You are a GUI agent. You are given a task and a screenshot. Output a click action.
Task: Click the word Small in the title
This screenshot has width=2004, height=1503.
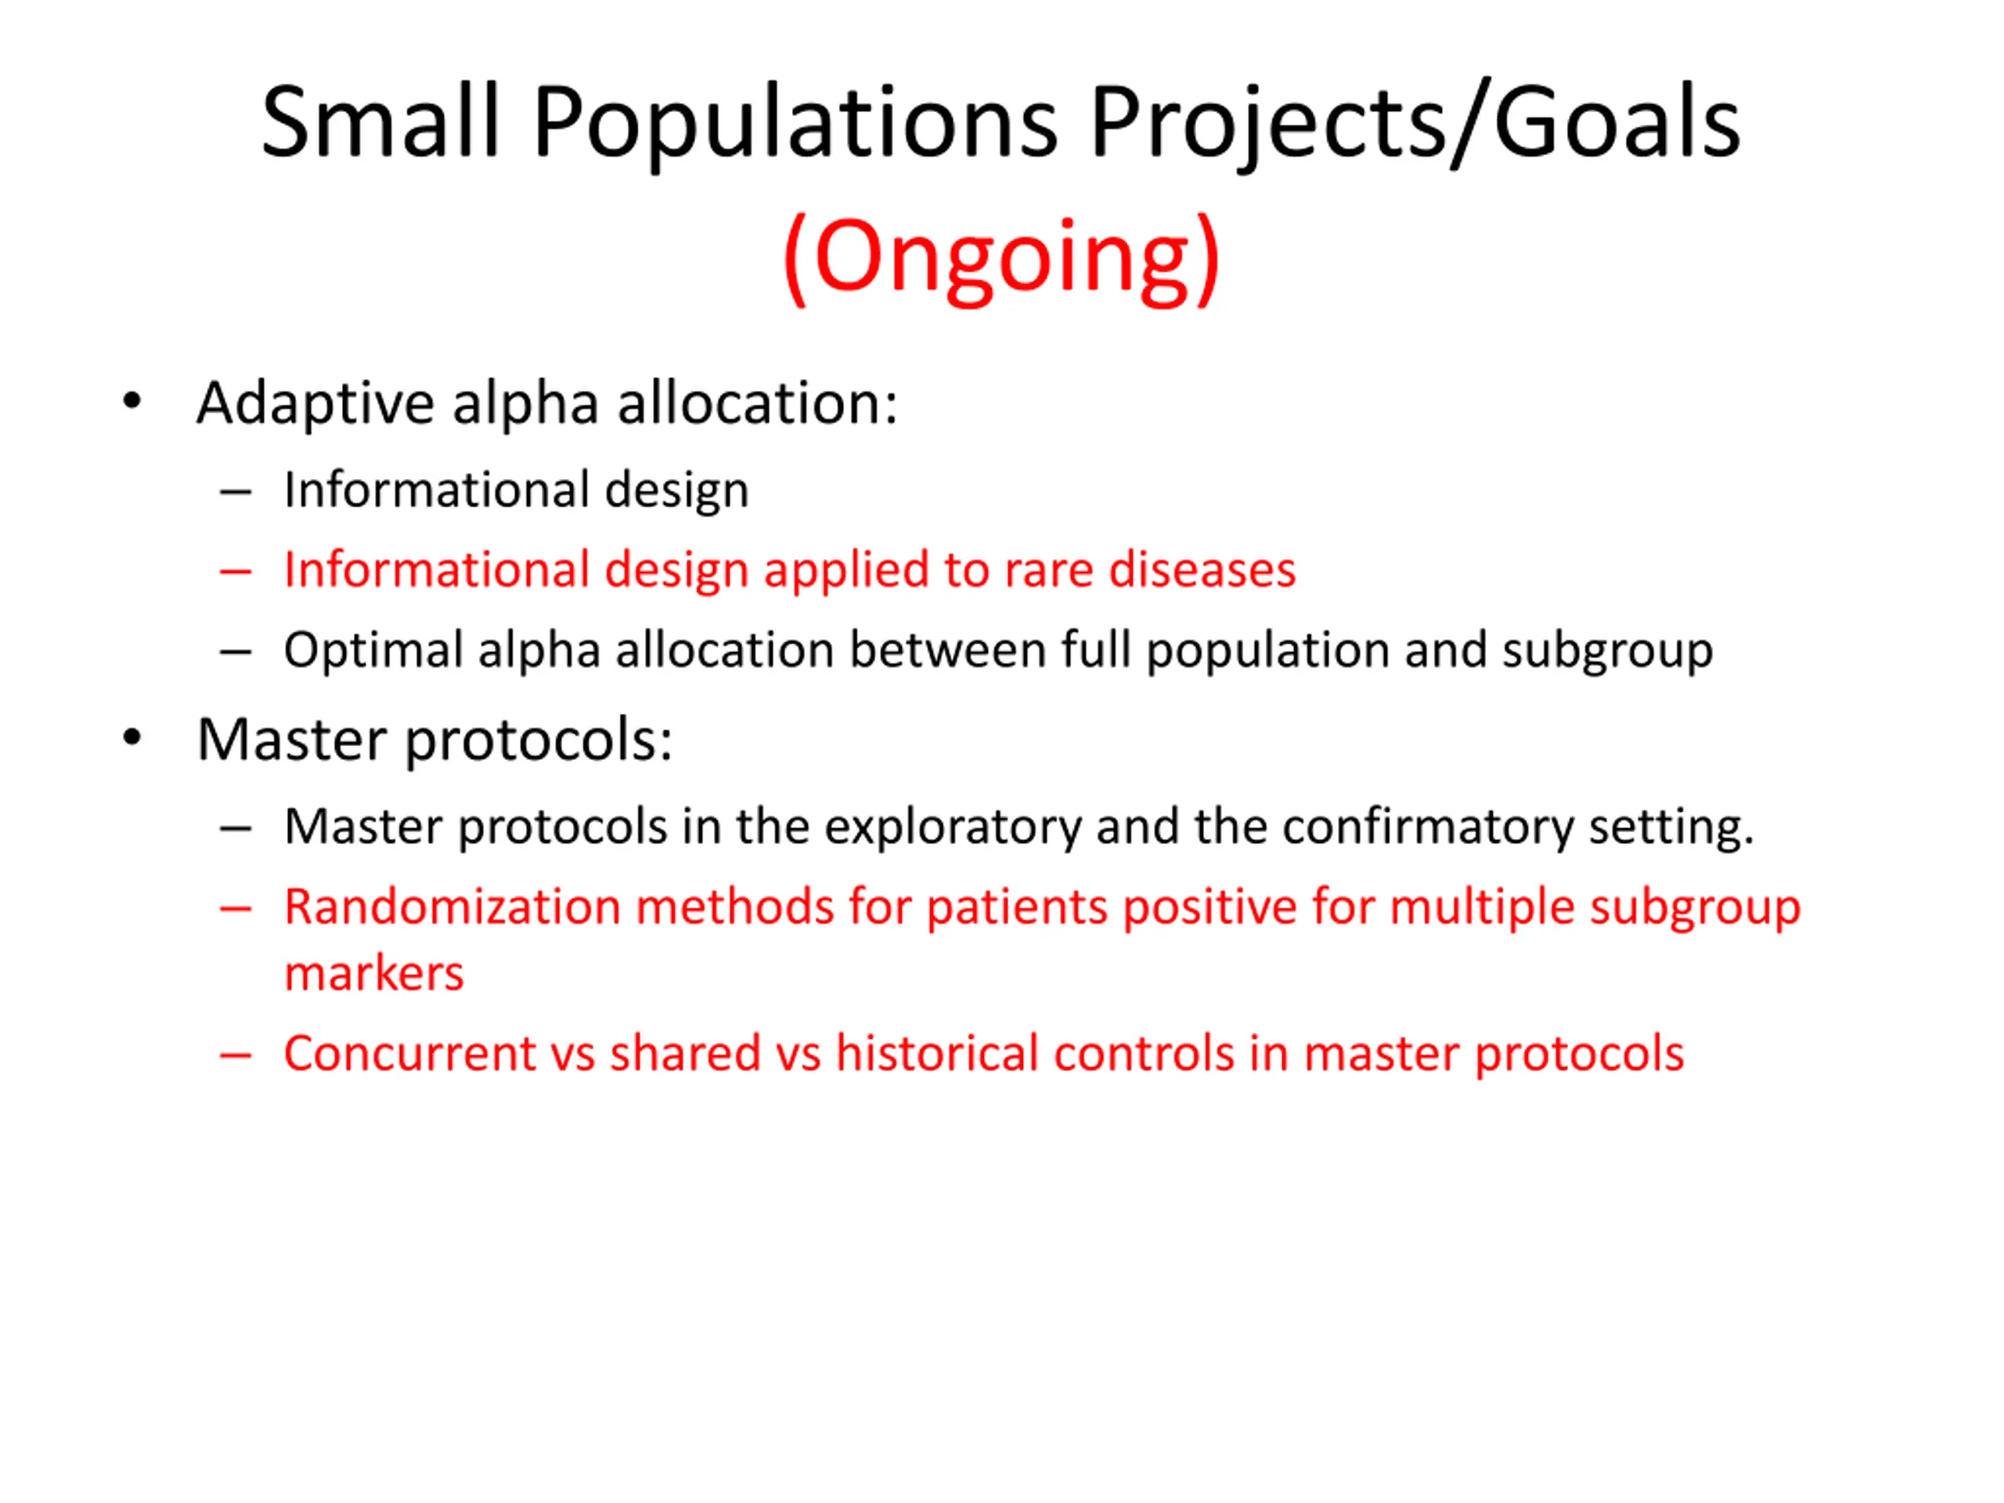[380, 122]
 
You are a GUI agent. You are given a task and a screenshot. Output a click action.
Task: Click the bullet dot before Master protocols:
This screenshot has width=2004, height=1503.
[132, 737]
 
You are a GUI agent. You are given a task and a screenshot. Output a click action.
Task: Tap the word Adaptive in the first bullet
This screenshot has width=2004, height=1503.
[315, 403]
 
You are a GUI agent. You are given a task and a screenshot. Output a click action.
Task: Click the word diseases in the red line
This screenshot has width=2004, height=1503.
[1202, 570]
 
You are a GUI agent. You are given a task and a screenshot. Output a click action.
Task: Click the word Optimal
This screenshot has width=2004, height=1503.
[374, 651]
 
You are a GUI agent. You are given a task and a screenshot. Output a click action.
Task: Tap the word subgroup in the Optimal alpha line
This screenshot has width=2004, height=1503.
[1607, 651]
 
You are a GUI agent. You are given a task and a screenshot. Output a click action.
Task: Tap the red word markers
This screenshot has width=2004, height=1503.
[374, 975]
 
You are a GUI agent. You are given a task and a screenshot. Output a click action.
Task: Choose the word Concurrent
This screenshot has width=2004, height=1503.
[410, 1054]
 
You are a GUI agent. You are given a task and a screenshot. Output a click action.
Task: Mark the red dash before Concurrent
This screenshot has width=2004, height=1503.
[236, 1055]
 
